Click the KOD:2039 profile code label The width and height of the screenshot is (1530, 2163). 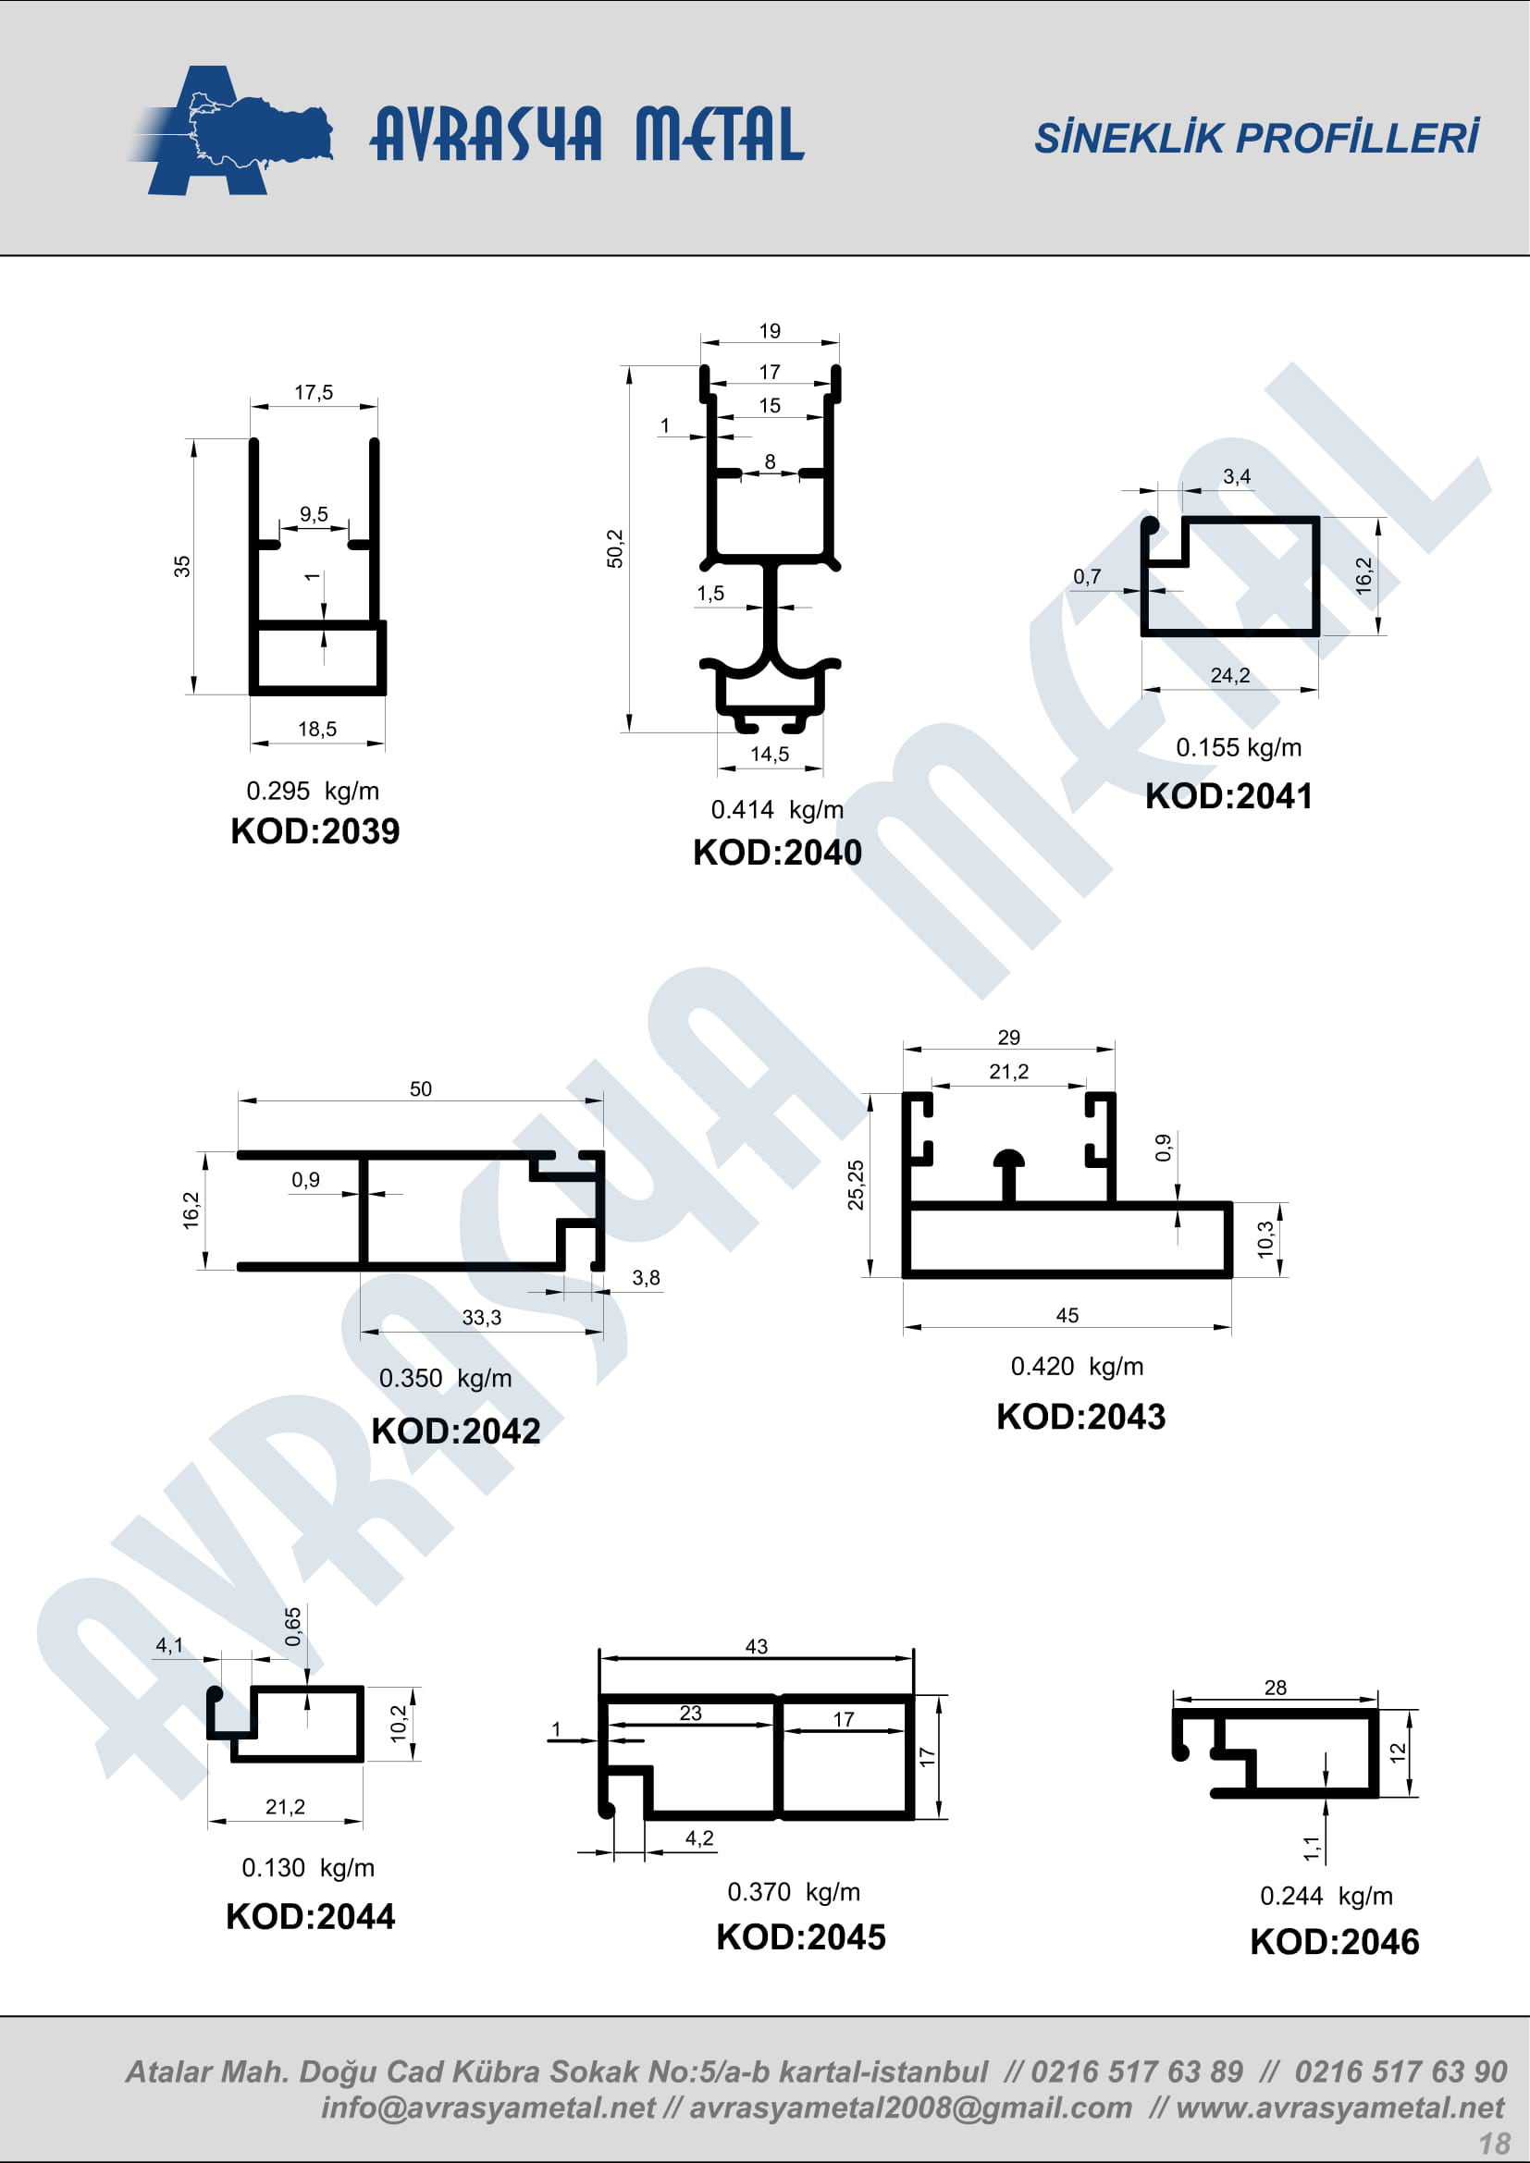click(315, 831)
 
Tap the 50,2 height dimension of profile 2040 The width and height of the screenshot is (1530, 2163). click(615, 548)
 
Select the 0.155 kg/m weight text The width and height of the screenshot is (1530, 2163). click(1238, 748)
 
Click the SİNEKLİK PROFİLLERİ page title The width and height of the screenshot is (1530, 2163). click(1257, 138)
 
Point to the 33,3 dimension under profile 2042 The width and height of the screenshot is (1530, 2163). click(481, 1317)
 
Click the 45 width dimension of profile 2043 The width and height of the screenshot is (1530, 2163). click(1067, 1315)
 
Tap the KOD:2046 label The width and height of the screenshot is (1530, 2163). click(1334, 1942)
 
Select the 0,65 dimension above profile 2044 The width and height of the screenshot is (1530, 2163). click(293, 1627)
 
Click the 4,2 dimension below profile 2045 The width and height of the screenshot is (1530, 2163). click(699, 1838)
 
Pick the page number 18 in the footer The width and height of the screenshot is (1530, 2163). click(1494, 2144)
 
